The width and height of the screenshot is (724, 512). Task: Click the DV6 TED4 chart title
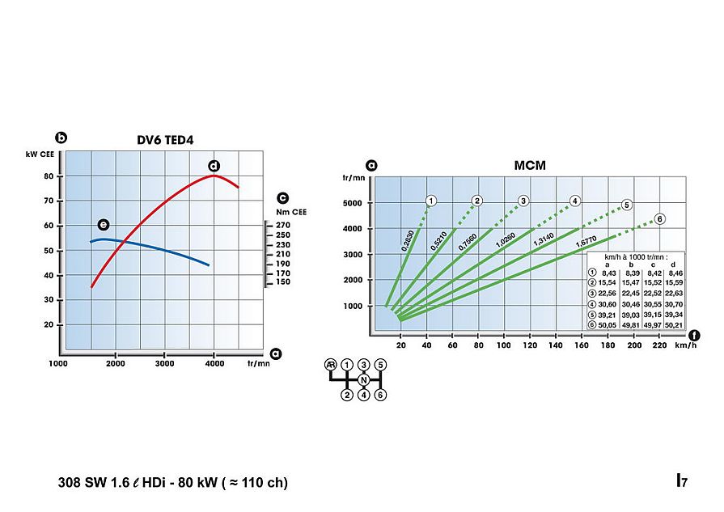coord(165,139)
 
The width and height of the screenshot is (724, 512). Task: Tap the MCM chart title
coord(530,166)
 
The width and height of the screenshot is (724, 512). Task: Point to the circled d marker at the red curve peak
coord(214,166)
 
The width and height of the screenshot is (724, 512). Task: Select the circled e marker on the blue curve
coord(103,224)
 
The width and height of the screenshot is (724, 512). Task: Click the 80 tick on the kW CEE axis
coord(49,176)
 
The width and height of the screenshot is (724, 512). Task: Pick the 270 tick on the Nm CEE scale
coord(282,226)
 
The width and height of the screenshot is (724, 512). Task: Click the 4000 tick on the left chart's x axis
coord(214,364)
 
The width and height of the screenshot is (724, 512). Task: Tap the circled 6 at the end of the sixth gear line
coord(660,218)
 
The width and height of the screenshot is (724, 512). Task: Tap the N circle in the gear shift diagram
coord(364,380)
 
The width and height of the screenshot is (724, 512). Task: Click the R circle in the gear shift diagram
coord(330,365)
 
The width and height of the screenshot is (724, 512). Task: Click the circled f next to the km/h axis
coord(695,334)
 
